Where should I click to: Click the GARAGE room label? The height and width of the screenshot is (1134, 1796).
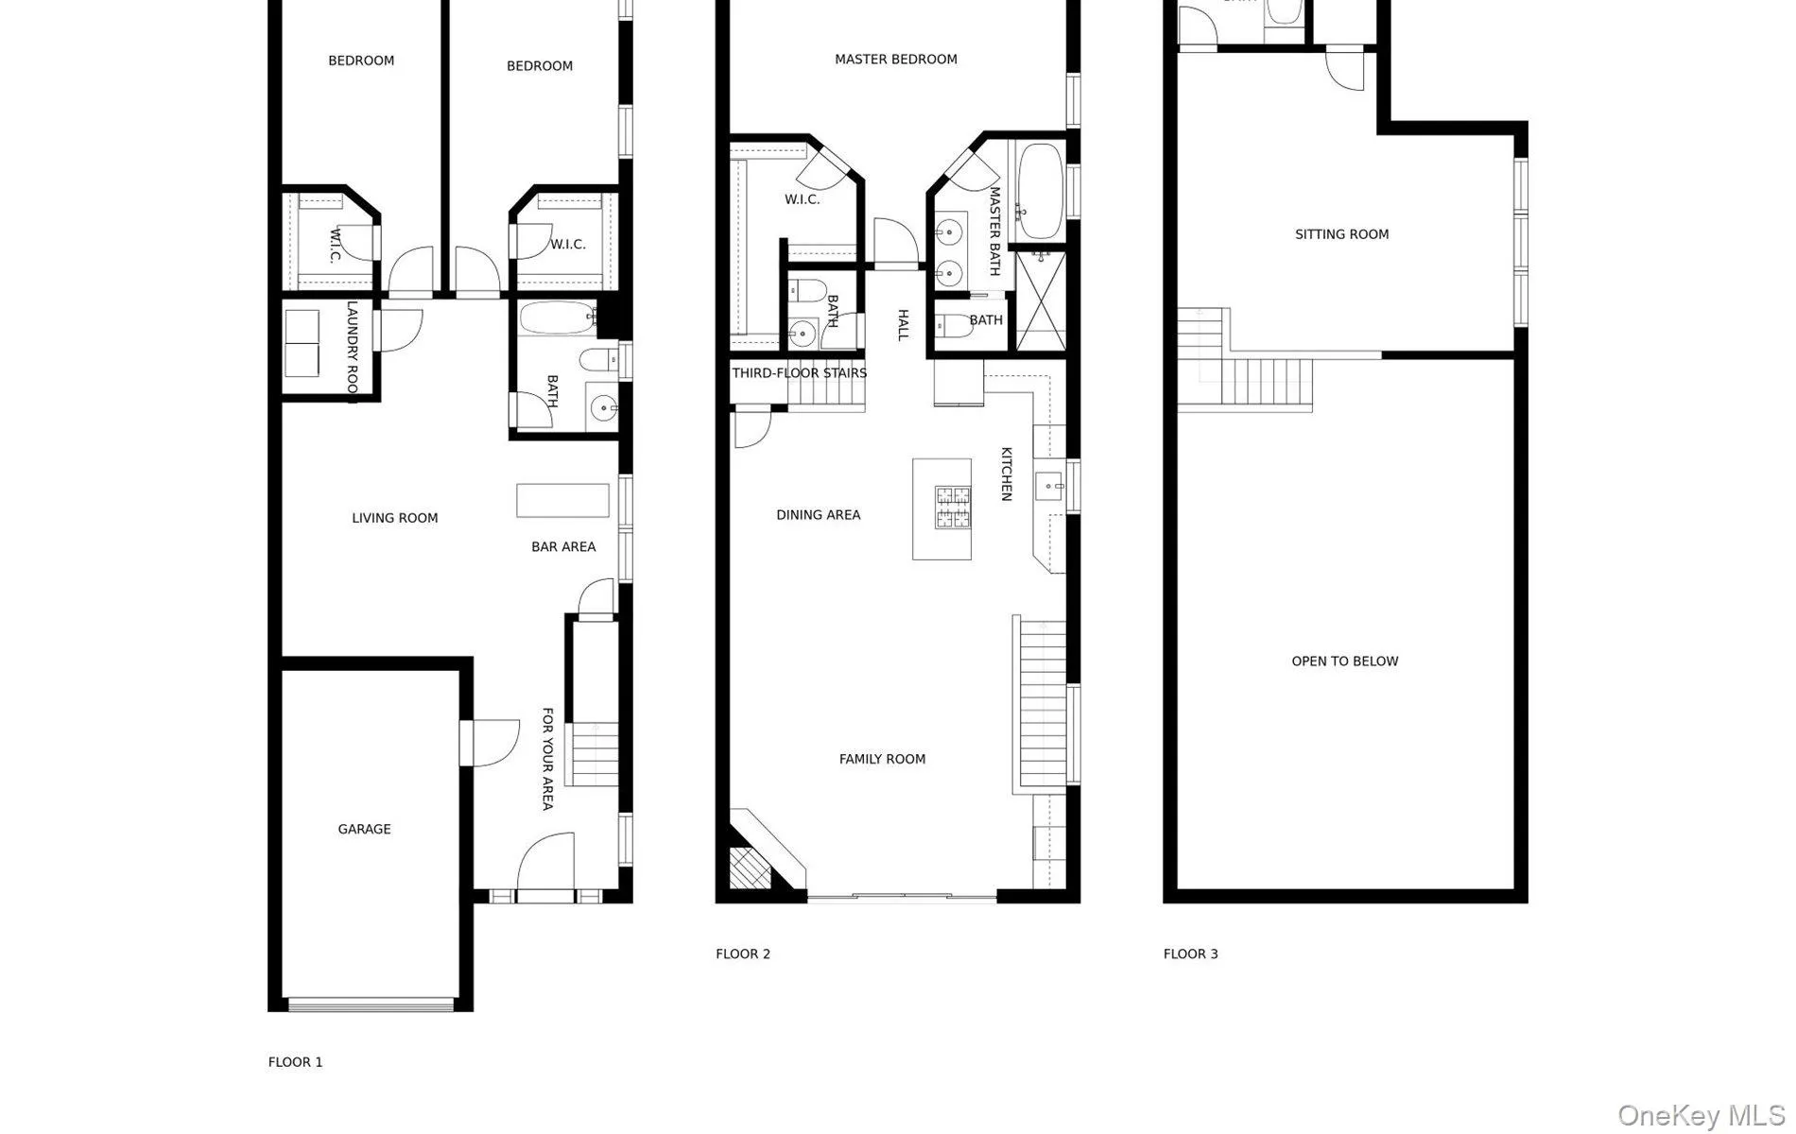[x=364, y=829]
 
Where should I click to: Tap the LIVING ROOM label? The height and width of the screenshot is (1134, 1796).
[x=394, y=518]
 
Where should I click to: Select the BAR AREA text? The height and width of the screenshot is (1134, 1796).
[x=563, y=546]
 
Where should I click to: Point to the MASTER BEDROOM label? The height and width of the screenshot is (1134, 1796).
[x=895, y=59]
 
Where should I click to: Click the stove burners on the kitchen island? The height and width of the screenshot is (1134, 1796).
[x=953, y=507]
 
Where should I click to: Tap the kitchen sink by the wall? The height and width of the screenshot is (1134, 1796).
[x=1049, y=488]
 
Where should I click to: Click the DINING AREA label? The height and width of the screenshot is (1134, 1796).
[x=818, y=515]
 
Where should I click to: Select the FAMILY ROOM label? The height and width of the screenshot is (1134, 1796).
[x=882, y=759]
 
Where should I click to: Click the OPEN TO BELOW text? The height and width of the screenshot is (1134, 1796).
[x=1344, y=661]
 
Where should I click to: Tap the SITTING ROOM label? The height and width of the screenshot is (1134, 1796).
[x=1341, y=234]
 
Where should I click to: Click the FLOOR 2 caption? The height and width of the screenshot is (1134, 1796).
[x=743, y=954]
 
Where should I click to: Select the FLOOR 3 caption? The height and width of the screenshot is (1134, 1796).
[x=1190, y=954]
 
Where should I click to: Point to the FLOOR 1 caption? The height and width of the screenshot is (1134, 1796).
[x=295, y=1062]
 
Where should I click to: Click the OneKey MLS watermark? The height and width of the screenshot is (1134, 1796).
[x=1701, y=1115]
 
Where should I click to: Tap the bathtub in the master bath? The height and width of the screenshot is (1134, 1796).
[x=1040, y=192]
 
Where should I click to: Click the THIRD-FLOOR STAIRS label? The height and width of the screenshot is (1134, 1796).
[x=799, y=373]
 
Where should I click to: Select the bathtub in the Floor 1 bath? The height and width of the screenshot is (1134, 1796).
[x=556, y=318]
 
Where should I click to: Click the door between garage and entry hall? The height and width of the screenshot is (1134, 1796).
[x=490, y=743]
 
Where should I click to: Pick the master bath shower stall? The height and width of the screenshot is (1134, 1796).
[x=1041, y=301]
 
